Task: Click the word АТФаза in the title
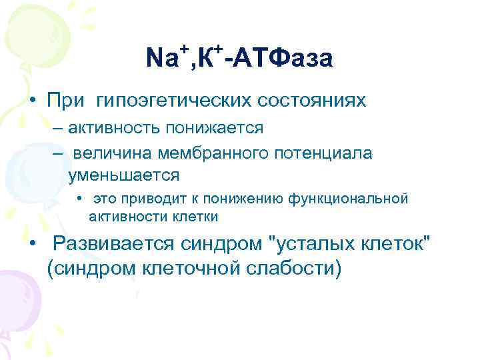(x=280, y=59)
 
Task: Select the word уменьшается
(x=123, y=175)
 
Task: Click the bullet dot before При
(x=32, y=101)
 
